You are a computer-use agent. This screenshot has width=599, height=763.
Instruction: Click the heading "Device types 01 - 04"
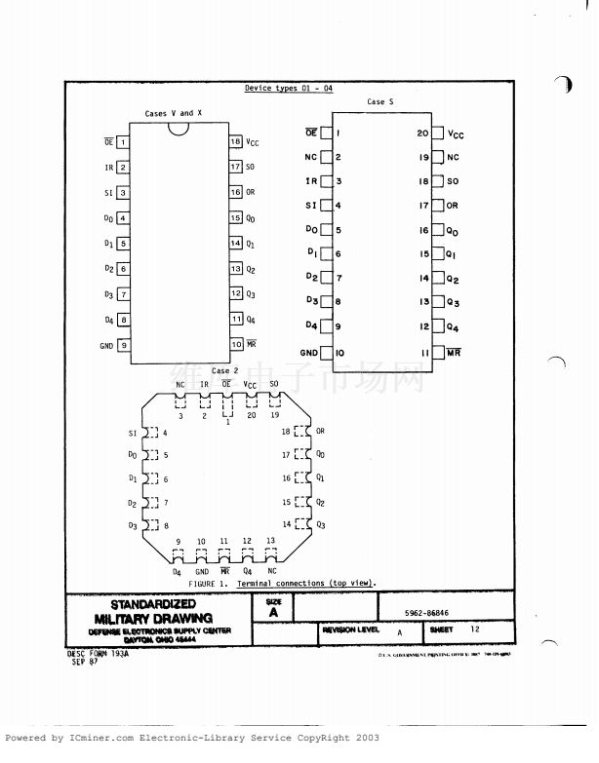click(x=289, y=89)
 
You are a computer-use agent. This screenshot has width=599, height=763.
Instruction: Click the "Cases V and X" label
click(x=174, y=113)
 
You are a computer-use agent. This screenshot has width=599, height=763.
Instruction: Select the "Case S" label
click(x=380, y=101)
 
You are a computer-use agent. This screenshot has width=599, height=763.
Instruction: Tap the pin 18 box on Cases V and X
click(x=236, y=141)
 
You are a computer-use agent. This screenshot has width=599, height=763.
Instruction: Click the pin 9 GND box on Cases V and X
click(x=124, y=345)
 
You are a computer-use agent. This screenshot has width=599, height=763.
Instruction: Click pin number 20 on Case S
click(x=422, y=133)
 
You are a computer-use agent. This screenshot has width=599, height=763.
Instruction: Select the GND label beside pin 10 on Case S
click(x=309, y=352)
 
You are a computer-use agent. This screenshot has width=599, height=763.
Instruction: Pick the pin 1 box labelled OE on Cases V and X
click(x=124, y=141)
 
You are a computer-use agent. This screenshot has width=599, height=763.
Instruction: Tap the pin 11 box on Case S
click(x=438, y=352)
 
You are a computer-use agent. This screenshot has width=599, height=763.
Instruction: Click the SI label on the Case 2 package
click(x=133, y=433)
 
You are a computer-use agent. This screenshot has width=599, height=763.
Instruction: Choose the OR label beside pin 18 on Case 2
click(x=320, y=431)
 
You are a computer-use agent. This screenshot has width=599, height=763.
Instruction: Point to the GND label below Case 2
click(x=202, y=571)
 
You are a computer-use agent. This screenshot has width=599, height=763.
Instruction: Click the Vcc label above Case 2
click(x=251, y=385)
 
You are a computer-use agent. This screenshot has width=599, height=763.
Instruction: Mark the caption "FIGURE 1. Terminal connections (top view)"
click(x=282, y=583)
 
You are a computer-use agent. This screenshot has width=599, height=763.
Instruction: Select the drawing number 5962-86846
click(x=426, y=614)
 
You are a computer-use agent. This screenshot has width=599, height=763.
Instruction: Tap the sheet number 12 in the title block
click(x=475, y=630)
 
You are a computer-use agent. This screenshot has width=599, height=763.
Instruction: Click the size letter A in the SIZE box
click(x=273, y=613)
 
